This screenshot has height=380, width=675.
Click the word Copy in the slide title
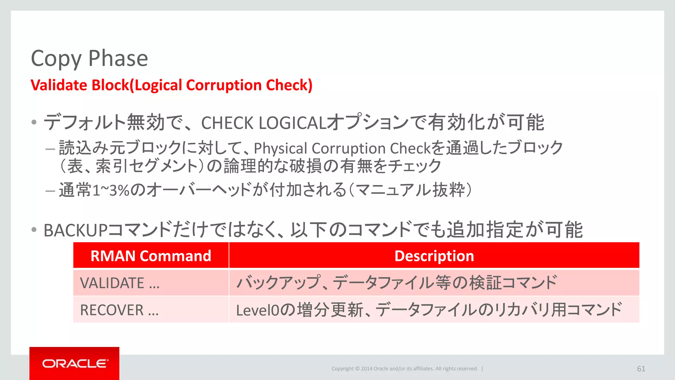click(56, 59)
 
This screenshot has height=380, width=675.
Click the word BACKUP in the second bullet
click(75, 230)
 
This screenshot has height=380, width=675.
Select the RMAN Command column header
click(151, 256)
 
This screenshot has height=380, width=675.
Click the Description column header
click(434, 256)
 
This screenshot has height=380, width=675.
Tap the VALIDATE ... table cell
click(120, 283)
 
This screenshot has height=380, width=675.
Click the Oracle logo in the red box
click(74, 364)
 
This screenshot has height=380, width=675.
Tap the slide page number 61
click(641, 369)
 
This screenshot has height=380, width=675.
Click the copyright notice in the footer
click(404, 369)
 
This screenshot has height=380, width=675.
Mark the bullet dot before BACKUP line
click(34, 230)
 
